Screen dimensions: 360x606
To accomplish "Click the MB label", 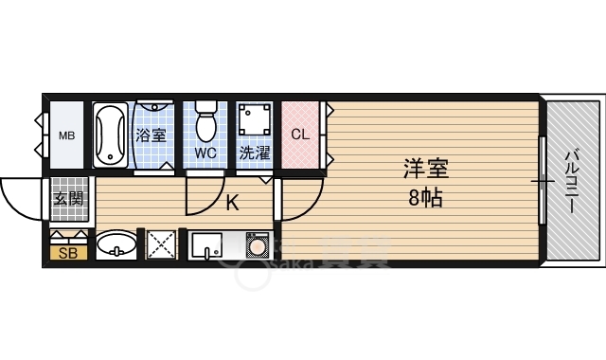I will click(67, 135).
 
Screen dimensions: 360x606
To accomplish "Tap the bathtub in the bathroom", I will click(110, 134).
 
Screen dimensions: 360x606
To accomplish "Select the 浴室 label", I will click(151, 135).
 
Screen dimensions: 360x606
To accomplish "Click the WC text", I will click(205, 152).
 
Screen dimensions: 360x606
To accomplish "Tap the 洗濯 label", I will click(254, 152).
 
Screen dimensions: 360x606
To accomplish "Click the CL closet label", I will click(300, 135).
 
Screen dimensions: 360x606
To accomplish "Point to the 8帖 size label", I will click(425, 198).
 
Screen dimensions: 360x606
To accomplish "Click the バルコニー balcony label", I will click(573, 179).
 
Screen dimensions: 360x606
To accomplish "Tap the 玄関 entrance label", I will click(68, 198).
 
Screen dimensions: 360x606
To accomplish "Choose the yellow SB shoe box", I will click(68, 252).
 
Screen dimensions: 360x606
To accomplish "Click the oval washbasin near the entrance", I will click(116, 245).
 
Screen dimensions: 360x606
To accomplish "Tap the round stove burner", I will click(256, 245).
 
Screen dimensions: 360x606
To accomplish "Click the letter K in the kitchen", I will click(232, 201).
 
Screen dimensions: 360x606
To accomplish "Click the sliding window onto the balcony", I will click(542, 180).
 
